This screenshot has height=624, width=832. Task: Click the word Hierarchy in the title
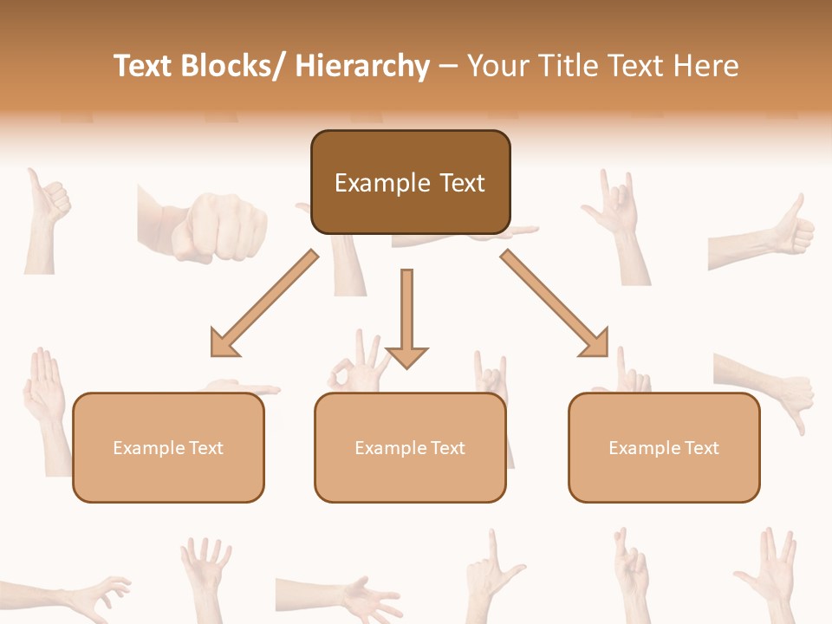click(x=362, y=66)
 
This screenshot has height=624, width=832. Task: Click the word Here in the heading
click(x=708, y=66)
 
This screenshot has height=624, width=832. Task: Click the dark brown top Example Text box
click(x=410, y=182)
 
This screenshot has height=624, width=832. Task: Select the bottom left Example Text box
click(x=168, y=447)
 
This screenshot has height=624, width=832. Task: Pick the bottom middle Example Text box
click(x=410, y=447)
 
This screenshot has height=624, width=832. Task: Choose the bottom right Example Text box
click(x=664, y=447)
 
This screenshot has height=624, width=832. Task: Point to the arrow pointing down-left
click(x=264, y=303)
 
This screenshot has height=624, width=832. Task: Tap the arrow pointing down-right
click(x=555, y=303)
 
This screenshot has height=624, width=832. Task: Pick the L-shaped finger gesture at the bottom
click(x=491, y=572)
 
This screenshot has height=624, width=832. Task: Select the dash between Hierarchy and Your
click(x=448, y=66)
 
